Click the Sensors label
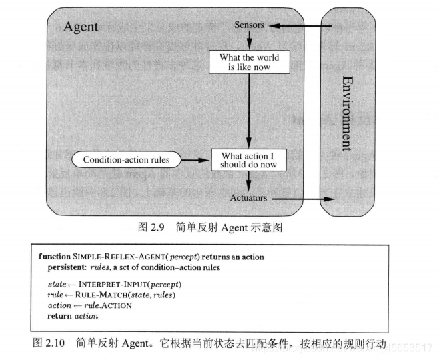point(250,25)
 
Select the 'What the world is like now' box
point(249,62)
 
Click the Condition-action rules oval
point(126,160)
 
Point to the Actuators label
point(248,198)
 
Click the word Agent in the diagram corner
point(80,27)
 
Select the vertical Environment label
point(346,113)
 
